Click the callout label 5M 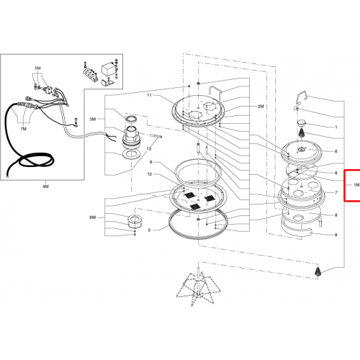click(37, 68)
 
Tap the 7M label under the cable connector click(23, 129)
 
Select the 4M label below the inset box click(45, 186)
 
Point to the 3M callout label click(93, 119)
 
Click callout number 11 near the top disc click(149, 95)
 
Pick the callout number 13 click(149, 149)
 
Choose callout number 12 click(150, 174)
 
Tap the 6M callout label click(93, 217)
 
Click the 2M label click(261, 107)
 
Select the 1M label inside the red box click(356, 185)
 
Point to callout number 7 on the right click(336, 192)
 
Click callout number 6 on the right click(336, 151)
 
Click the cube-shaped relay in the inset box click(107, 70)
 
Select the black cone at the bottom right click(318, 271)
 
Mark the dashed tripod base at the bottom click(198, 286)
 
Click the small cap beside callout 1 click(302, 123)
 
